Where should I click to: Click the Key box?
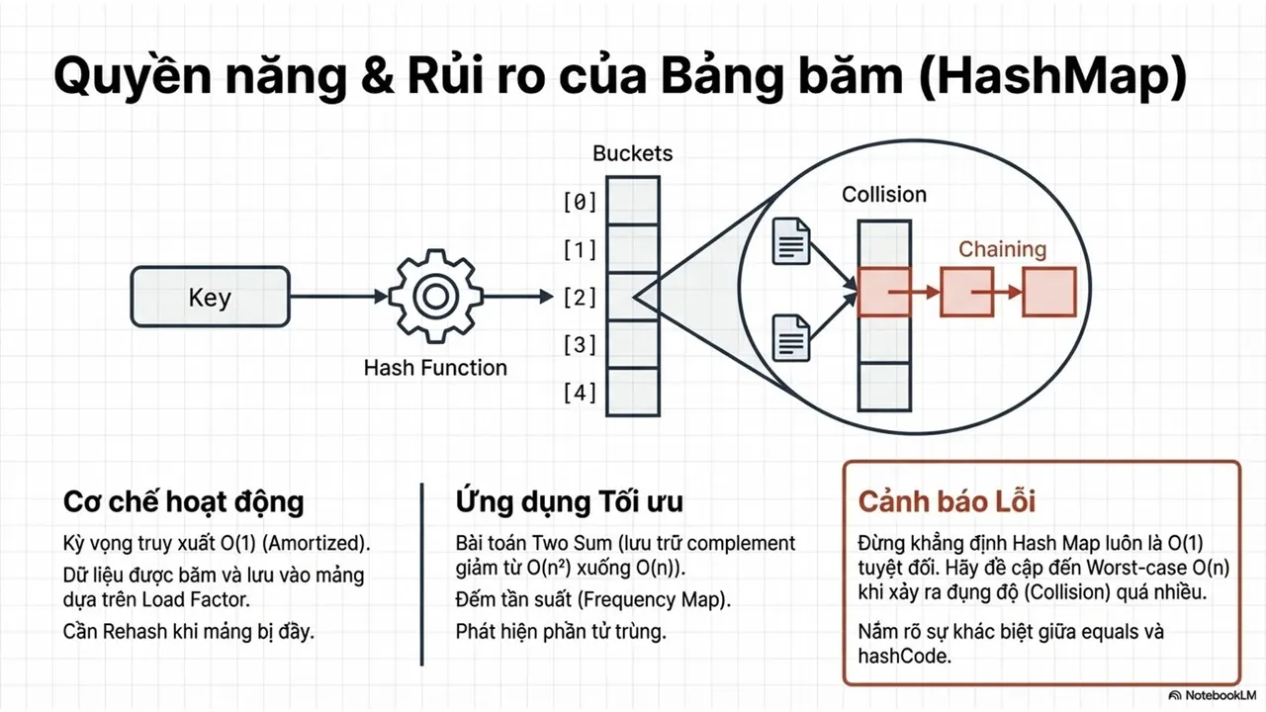211,297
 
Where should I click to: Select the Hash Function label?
435,368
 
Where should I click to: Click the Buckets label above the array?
632,153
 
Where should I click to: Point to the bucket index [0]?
580,202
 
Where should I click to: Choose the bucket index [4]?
580,393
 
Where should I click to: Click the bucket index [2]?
580,298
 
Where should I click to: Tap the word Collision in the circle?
884,195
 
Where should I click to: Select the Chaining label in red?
1002,249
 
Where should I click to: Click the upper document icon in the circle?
791,241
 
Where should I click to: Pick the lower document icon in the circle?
791,338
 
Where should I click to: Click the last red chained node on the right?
1049,292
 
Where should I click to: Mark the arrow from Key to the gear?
338,296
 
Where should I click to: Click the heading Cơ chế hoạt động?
184,501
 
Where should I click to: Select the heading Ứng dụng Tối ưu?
569,501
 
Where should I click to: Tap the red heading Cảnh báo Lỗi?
947,501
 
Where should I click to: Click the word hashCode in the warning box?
904,656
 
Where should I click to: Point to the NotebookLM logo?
1212,695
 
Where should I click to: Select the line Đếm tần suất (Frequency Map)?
592,599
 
